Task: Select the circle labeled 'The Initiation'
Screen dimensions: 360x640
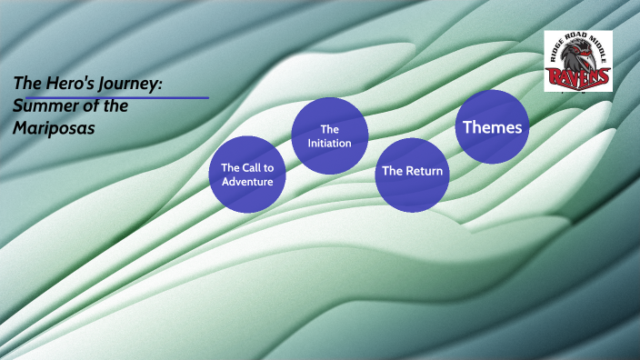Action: click(329, 135)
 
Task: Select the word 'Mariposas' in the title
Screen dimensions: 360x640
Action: click(54, 128)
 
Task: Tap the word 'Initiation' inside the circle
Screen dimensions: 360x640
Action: click(329, 143)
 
